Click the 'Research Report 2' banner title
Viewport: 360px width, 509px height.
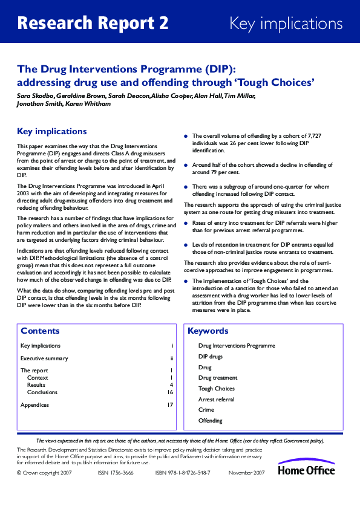[93, 24]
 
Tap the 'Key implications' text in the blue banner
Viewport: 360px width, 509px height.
[286, 24]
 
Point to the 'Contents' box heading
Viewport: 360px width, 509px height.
[40, 331]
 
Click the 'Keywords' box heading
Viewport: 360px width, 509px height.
[208, 331]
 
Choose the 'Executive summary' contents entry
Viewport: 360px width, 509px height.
[44, 358]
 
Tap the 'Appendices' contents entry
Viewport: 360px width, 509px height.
[34, 404]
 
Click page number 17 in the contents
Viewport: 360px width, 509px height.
[170, 404]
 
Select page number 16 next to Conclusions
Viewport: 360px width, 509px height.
[170, 392]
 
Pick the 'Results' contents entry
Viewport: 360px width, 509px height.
[36, 384]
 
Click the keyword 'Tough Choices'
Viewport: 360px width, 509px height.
[216, 389]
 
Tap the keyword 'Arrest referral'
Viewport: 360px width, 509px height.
[216, 400]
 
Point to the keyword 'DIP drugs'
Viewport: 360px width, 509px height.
[211, 357]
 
